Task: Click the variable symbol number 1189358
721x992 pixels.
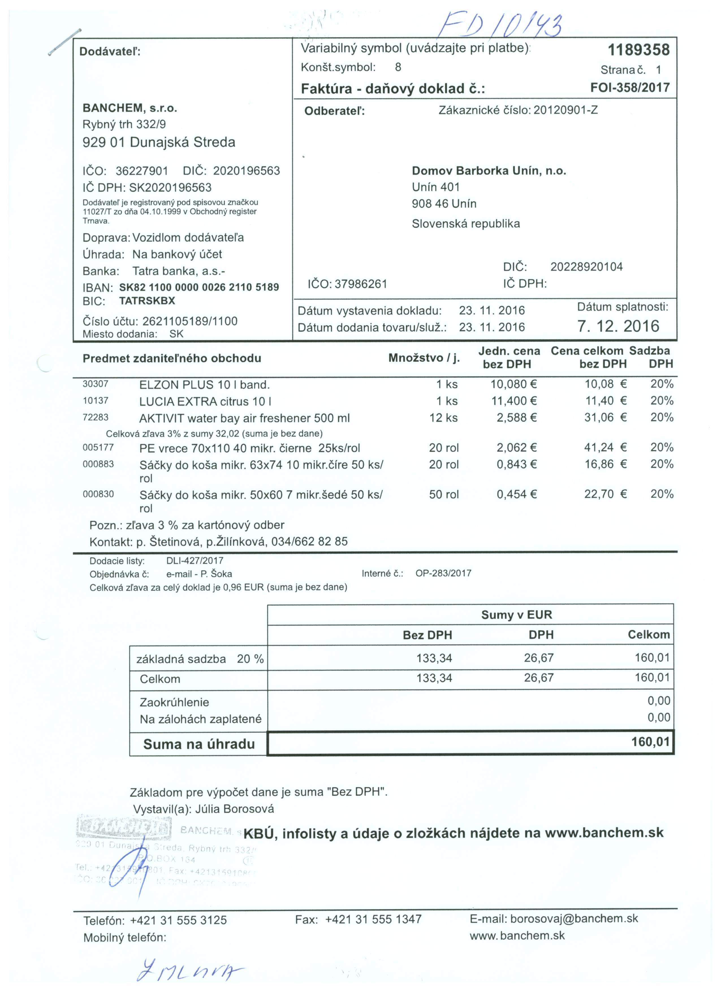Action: click(638, 50)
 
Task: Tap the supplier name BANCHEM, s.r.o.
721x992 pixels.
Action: click(129, 108)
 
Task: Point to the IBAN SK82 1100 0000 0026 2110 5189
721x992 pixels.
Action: click(199, 287)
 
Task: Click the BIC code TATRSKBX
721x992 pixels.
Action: click(147, 301)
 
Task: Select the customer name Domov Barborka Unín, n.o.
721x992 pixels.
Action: click(489, 171)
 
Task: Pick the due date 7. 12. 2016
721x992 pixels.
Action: click(618, 326)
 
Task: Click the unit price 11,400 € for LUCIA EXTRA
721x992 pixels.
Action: click(514, 401)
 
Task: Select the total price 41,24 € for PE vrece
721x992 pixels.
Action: click(606, 447)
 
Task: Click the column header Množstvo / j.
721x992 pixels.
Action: click(424, 358)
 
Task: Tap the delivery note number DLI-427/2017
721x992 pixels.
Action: click(195, 561)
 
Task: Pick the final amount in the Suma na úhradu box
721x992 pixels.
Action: click(650, 742)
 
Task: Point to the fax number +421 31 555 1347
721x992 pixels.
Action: click(373, 919)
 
